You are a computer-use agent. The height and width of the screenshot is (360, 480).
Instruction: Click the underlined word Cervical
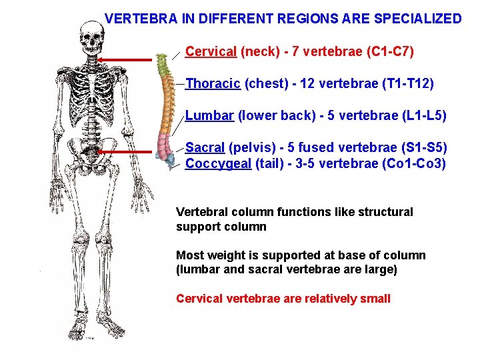211,51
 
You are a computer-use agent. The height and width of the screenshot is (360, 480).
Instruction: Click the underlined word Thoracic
213,84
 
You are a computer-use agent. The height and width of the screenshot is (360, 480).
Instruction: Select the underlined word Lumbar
209,116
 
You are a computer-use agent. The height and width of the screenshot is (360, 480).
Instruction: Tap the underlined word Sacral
205,147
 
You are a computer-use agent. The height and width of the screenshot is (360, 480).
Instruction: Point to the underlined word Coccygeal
218,164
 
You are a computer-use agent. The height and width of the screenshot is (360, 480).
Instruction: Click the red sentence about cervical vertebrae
283,299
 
